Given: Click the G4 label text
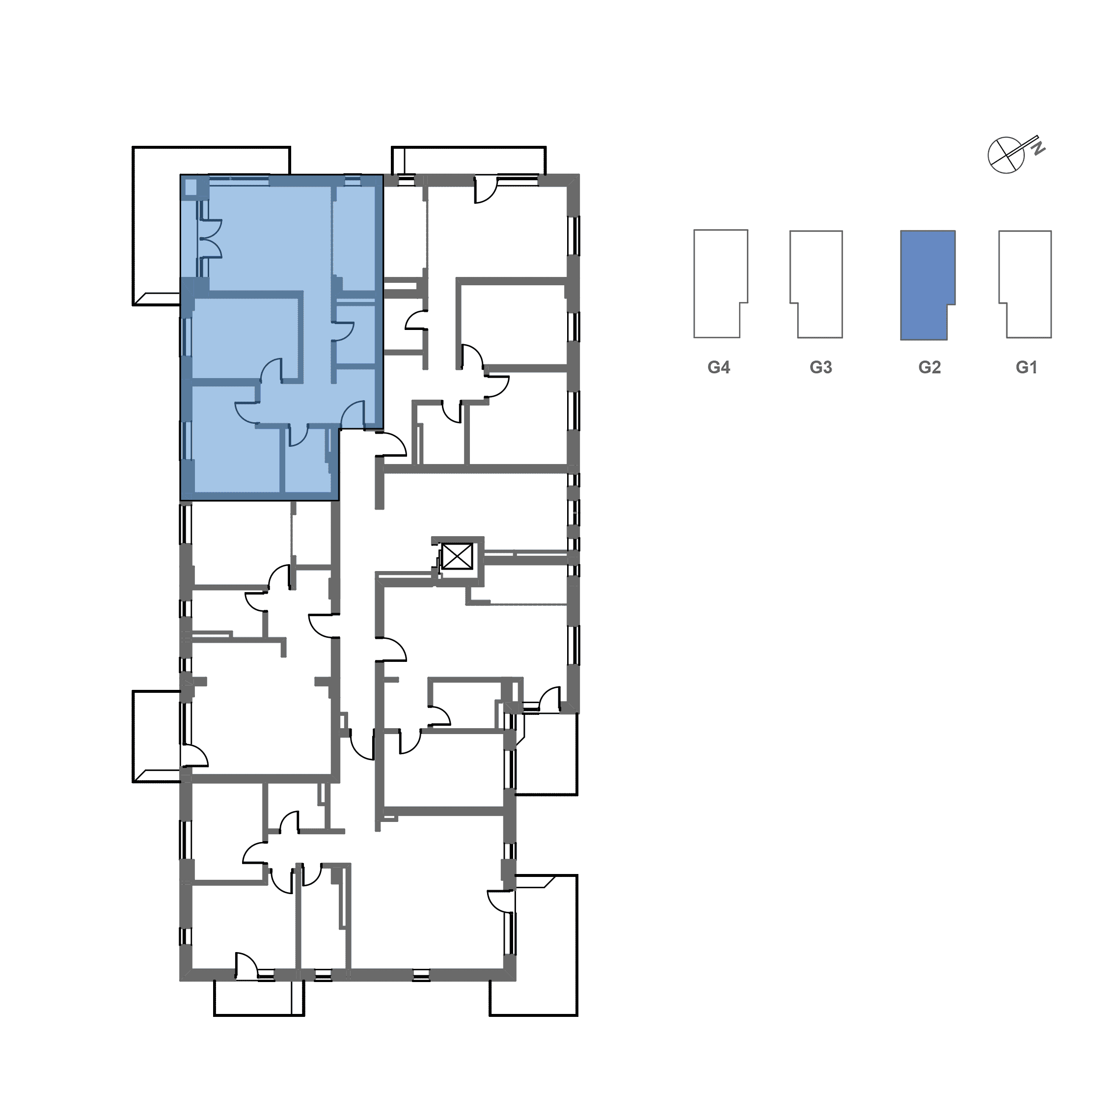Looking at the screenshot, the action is [718, 368].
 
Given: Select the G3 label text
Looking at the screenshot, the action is [821, 368].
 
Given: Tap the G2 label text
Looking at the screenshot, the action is [929, 368].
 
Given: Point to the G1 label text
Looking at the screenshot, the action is [1026, 368].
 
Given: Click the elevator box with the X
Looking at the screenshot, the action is [456, 558].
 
